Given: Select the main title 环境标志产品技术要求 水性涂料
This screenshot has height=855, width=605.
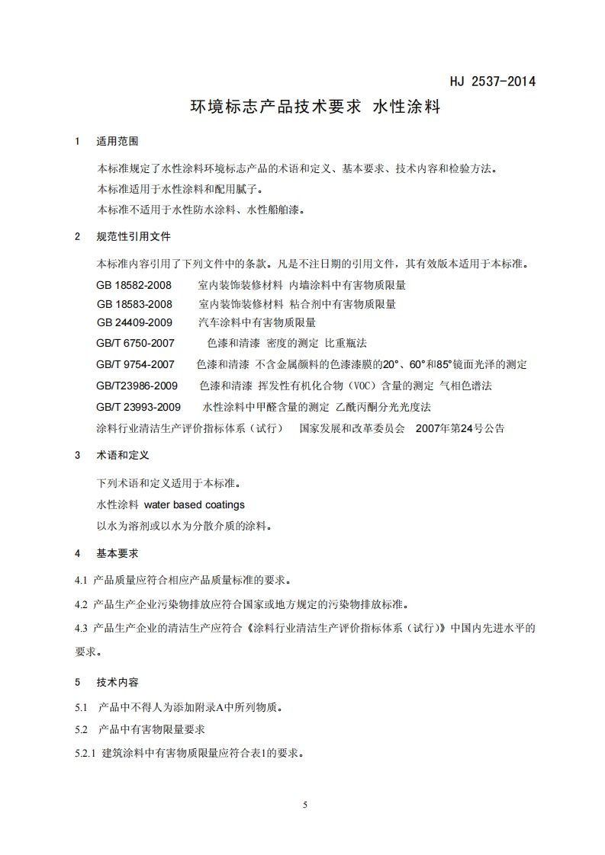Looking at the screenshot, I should pyautogui.click(x=315, y=107).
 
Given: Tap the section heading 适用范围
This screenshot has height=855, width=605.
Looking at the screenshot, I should pyautogui.click(x=117, y=141).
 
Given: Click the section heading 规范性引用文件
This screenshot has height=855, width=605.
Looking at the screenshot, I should pyautogui.click(x=134, y=236).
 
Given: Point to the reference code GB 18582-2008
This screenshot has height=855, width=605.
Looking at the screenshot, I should pyautogui.click(x=135, y=284).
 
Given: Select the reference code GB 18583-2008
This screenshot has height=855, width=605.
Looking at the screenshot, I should pyautogui.click(x=135, y=304).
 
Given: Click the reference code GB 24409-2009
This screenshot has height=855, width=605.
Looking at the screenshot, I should pyautogui.click(x=135, y=323).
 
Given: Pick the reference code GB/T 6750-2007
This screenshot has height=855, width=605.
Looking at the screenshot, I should pyautogui.click(x=136, y=343).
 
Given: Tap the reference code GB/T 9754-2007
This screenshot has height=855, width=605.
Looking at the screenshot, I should pyautogui.click(x=136, y=364).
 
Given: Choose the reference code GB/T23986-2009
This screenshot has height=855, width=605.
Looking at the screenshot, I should pyautogui.click(x=137, y=386).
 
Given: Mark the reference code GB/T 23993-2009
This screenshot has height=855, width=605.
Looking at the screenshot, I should pyautogui.click(x=139, y=407).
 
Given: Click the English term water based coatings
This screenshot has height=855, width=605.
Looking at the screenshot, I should pyautogui.click(x=195, y=504).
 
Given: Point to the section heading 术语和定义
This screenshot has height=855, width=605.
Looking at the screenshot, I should pyautogui.click(x=123, y=455).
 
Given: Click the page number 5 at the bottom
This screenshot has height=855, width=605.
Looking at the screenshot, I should pyautogui.click(x=304, y=805).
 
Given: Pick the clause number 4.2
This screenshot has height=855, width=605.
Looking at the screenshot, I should pyautogui.click(x=82, y=605).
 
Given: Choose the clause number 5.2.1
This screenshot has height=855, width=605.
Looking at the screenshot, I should pyautogui.click(x=85, y=754).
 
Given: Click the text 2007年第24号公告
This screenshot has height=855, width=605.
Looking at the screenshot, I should pyautogui.click(x=460, y=428).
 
